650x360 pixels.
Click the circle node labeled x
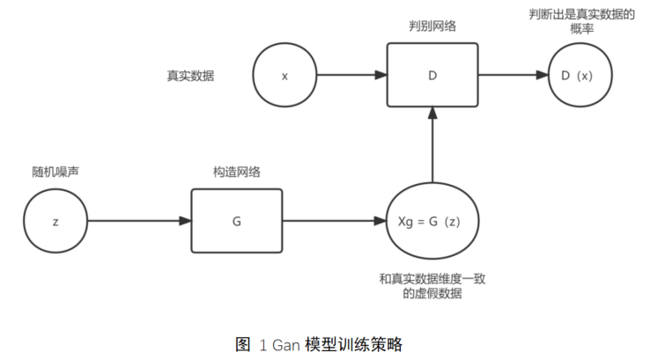point(284,76)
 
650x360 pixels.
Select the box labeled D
point(432,76)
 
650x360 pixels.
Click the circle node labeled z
point(56,221)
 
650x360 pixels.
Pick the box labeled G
point(237,221)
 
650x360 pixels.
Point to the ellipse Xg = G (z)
point(432,221)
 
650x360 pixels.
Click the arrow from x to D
point(351,76)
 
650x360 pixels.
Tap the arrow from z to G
point(139,221)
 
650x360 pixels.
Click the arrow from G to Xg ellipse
point(335,221)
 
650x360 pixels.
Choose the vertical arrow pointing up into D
point(432,145)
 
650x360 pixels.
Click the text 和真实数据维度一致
point(432,279)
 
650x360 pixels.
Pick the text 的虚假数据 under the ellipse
point(432,294)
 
